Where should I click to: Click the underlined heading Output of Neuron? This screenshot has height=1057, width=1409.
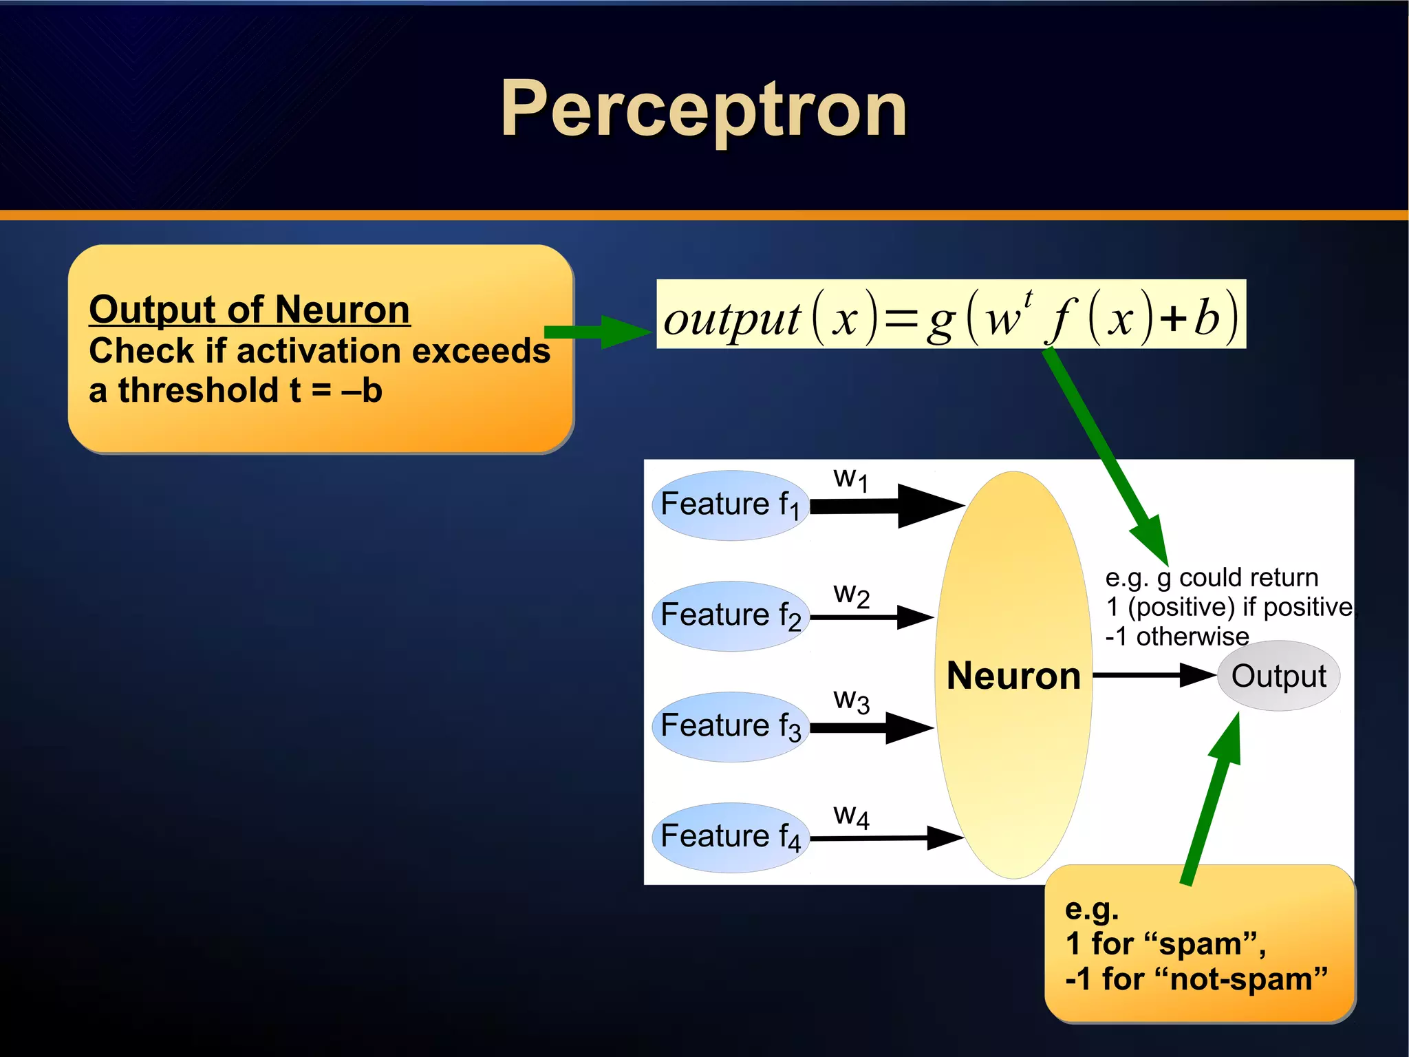point(249,310)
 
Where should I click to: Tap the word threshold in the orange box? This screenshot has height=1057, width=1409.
point(197,391)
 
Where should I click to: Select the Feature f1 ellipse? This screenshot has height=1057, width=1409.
point(729,505)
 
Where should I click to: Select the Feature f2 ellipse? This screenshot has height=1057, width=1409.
point(729,616)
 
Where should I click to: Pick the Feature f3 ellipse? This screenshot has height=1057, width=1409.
point(729,727)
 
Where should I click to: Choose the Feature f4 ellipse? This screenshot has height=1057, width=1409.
point(729,837)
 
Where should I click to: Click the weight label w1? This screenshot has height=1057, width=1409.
point(851,478)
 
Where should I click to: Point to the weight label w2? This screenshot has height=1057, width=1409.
point(851,594)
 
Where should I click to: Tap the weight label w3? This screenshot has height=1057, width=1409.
point(851,701)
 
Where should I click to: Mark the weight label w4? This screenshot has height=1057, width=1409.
point(851,816)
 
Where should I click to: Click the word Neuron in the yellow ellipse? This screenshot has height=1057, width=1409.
point(1013,676)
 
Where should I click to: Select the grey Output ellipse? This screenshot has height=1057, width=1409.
point(1278,676)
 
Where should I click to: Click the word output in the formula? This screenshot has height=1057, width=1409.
point(731,319)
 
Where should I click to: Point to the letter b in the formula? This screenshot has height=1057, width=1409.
point(1206,319)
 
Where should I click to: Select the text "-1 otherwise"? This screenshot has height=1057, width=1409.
point(1176,637)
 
